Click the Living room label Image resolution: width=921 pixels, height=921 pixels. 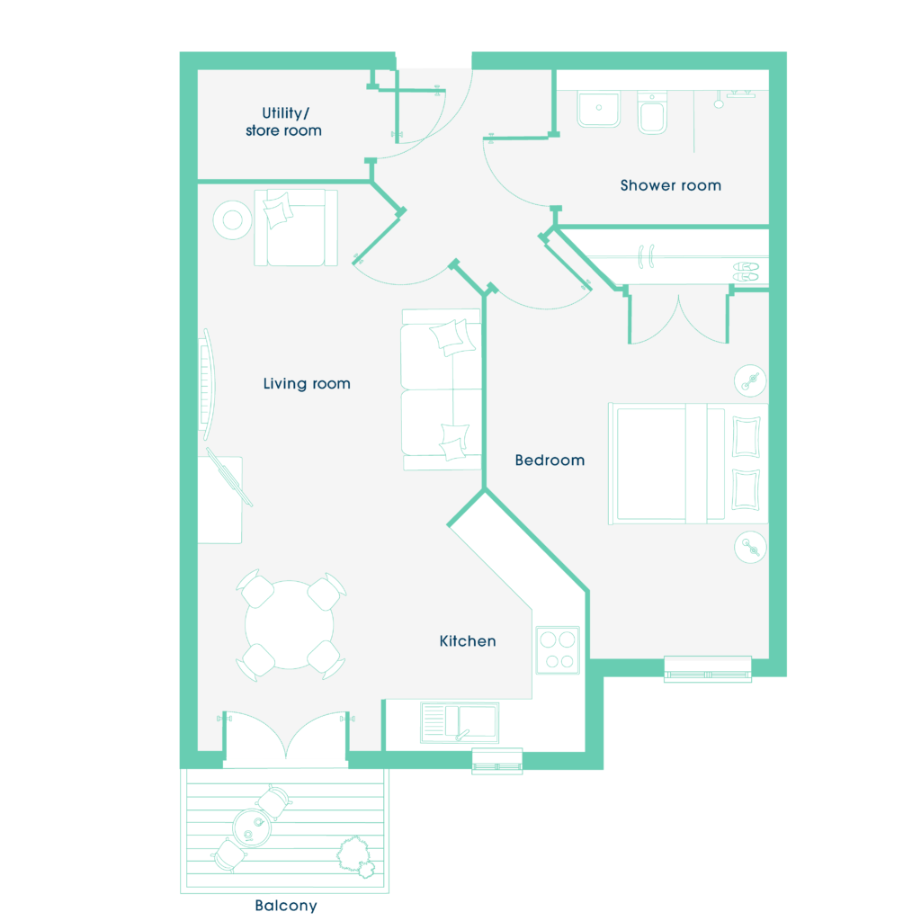click(x=307, y=383)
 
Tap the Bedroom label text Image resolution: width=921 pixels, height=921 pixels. click(x=550, y=460)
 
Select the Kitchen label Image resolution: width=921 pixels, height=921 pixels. click(x=468, y=640)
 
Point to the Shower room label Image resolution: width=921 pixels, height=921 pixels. click(x=671, y=185)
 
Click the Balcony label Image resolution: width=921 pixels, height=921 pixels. click(x=286, y=905)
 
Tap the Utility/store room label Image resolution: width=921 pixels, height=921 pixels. click(x=283, y=121)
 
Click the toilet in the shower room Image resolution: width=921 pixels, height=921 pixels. click(x=652, y=112)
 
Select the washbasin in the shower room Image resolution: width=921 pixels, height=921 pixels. click(x=598, y=109)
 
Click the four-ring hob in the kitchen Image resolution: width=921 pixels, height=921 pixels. click(x=558, y=649)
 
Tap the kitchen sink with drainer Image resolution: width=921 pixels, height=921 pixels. click(x=460, y=722)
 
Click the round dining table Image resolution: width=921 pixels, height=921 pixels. click(x=289, y=624)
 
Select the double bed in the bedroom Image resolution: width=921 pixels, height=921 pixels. click(x=688, y=463)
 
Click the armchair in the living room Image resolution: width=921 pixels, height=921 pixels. click(x=296, y=228)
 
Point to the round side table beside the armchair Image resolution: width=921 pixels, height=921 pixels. click(x=233, y=220)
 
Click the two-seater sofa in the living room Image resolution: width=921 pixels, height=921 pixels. click(x=442, y=389)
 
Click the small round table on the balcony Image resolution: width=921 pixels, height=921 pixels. click(x=252, y=827)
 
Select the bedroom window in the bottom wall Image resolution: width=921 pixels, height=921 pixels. click(x=708, y=669)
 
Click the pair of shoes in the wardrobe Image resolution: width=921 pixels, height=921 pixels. click(x=746, y=272)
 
